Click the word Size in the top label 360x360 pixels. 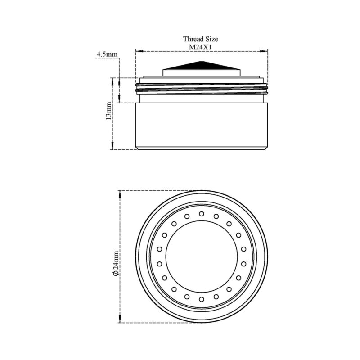(x=211, y=39)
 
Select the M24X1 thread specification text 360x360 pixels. (x=200, y=47)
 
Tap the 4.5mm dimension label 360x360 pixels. (x=107, y=54)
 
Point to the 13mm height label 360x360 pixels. (x=108, y=110)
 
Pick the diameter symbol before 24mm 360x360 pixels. (x=116, y=273)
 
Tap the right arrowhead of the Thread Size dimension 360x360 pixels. (x=264, y=51)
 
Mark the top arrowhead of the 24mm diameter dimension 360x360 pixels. (x=120, y=194)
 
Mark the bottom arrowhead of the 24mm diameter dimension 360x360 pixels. (x=120, y=319)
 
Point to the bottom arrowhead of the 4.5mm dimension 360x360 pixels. (x=119, y=99)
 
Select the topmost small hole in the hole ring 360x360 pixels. (x=202, y=214)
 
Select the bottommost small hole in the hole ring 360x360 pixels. (x=202, y=299)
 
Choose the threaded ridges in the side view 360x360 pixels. (x=202, y=89)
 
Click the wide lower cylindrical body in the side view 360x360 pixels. (x=202, y=126)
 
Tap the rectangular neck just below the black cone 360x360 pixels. (x=202, y=73)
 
